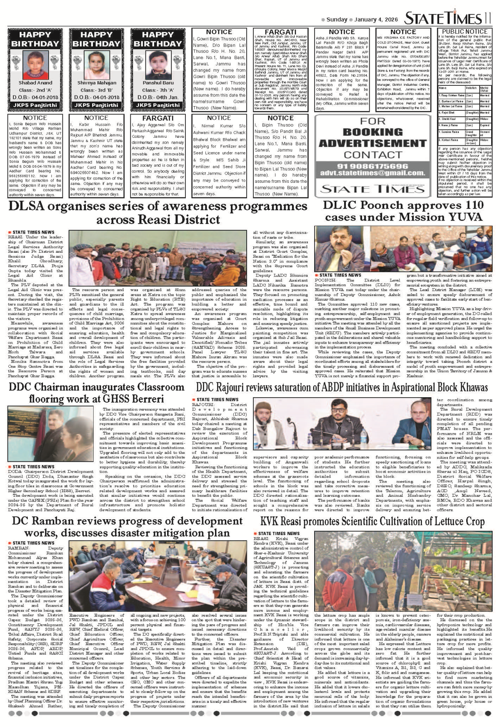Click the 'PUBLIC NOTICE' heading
[x=465, y=32]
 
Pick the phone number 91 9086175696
[x=372, y=166]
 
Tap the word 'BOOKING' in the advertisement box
[x=372, y=132]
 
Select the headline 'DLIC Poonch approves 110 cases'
[x=403, y=211]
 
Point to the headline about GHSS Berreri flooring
[x=96, y=393]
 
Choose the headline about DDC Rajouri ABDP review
[x=341, y=388]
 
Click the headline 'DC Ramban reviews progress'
[x=127, y=527]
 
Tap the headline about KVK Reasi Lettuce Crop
[x=372, y=522]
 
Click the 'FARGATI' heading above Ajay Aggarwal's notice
[x=158, y=118]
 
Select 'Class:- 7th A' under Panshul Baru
[x=158, y=90]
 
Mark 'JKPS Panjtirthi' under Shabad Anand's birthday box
[x=35, y=105]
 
